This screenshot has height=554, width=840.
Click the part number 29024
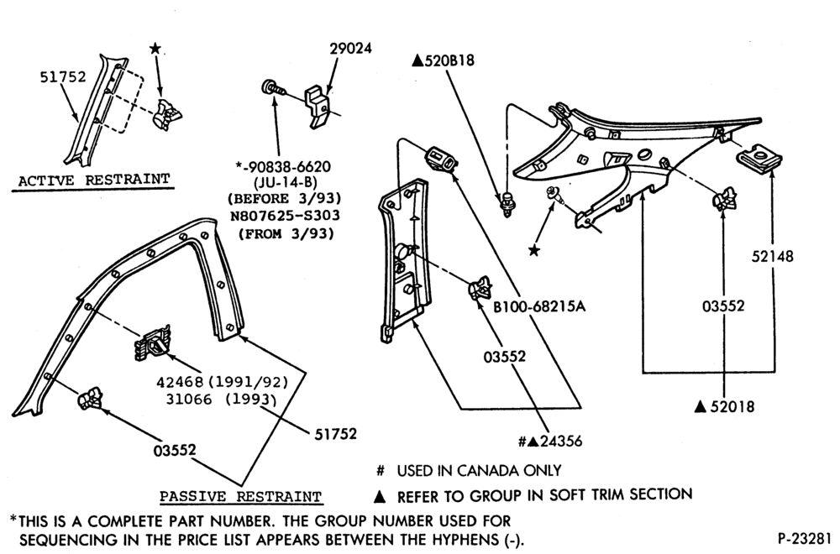[350, 48]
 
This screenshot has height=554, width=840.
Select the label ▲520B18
[443, 60]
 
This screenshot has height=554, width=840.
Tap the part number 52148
[772, 256]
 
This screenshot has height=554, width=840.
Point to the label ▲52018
[724, 407]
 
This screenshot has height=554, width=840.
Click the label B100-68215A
[539, 306]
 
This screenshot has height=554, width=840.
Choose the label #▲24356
[550, 441]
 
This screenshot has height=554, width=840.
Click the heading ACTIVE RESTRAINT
[94, 180]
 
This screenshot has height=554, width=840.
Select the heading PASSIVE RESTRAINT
[240, 497]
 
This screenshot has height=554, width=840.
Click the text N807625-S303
[285, 216]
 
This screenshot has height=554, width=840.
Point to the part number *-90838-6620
[283, 166]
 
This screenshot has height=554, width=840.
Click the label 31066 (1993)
[221, 400]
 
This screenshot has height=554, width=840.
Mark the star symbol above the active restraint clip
[155, 50]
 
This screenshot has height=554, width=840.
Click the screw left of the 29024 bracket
[273, 88]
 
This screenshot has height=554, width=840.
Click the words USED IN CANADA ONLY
[479, 471]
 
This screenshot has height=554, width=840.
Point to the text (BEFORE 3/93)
[285, 199]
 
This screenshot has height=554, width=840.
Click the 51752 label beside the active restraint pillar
[63, 77]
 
